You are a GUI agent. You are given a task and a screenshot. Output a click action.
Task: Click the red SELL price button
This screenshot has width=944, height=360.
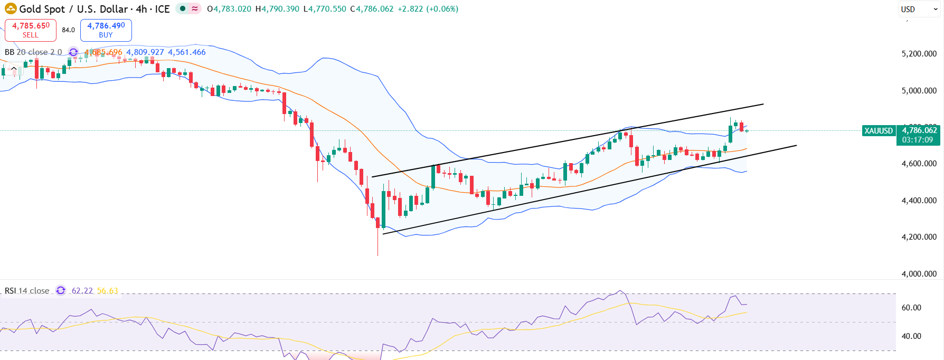(31, 30)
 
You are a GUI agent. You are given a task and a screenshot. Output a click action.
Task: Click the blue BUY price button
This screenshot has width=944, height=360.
(106, 30)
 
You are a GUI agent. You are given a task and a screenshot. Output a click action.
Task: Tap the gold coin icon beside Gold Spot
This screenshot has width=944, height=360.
(11, 9)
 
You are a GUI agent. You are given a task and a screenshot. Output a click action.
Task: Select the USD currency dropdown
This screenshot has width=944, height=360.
(919, 9)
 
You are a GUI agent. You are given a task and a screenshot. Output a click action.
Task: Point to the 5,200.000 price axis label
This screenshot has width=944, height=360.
(919, 54)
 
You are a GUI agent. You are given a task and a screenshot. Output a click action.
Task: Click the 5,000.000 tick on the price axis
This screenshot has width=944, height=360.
(919, 91)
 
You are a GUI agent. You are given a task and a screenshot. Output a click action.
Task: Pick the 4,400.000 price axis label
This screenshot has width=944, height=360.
(919, 201)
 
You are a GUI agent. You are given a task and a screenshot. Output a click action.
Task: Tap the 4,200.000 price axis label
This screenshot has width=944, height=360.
(919, 237)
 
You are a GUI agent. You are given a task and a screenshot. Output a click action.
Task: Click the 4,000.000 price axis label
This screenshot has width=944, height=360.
(919, 274)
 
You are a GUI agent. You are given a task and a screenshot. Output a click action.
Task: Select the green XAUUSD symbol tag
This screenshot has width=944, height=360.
(879, 131)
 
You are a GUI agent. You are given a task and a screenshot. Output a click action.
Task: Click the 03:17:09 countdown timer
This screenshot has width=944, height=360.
(918, 140)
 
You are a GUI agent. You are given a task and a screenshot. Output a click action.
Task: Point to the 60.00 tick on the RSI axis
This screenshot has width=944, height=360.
(911, 308)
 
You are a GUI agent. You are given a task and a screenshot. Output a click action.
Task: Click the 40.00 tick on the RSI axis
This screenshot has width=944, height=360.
(911, 336)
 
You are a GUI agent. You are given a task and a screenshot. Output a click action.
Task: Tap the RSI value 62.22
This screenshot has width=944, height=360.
(82, 291)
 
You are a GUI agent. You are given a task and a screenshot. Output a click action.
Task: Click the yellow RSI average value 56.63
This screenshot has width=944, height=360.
(108, 291)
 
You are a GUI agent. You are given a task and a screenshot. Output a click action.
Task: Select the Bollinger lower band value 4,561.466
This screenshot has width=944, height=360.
(187, 52)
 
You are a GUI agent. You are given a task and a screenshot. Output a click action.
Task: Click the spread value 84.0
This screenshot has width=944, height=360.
(68, 30)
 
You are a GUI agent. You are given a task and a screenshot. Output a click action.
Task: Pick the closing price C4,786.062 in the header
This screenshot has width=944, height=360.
(372, 9)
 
